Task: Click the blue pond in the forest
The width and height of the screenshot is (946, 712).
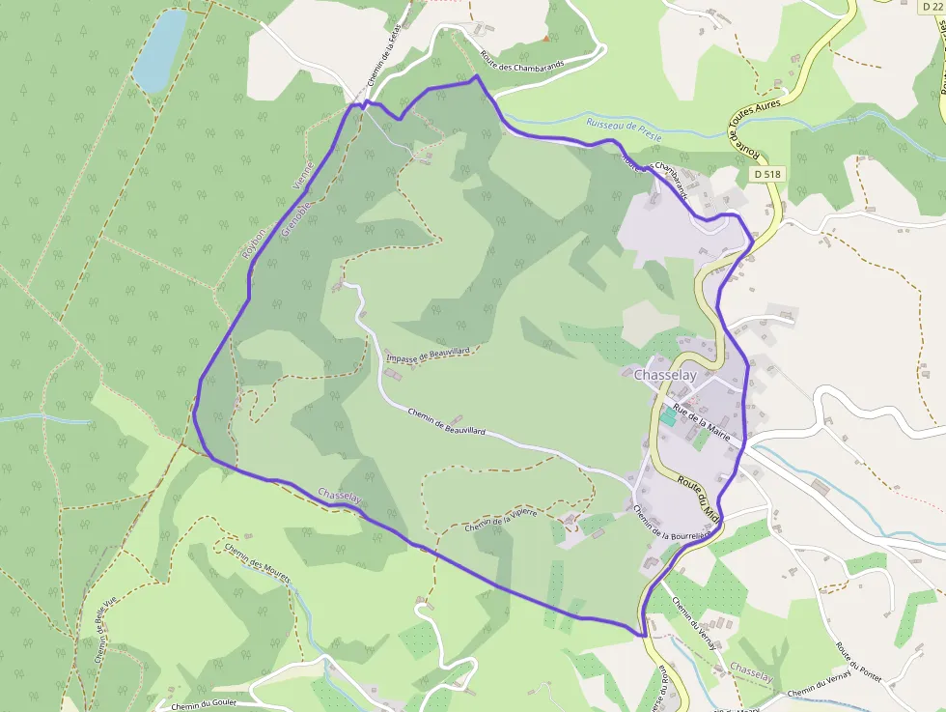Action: pyautogui.click(x=159, y=50)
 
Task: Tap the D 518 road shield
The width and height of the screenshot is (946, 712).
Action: pyautogui.click(x=767, y=174)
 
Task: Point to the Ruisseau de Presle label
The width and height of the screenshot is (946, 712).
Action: pyautogui.click(x=624, y=130)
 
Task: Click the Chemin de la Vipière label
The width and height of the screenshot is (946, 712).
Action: pyautogui.click(x=499, y=519)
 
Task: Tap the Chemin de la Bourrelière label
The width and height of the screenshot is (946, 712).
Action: pyautogui.click(x=673, y=526)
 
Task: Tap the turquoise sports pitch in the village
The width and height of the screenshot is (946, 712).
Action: pyautogui.click(x=668, y=416)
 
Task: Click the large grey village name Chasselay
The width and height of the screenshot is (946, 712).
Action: pyautogui.click(x=665, y=375)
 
